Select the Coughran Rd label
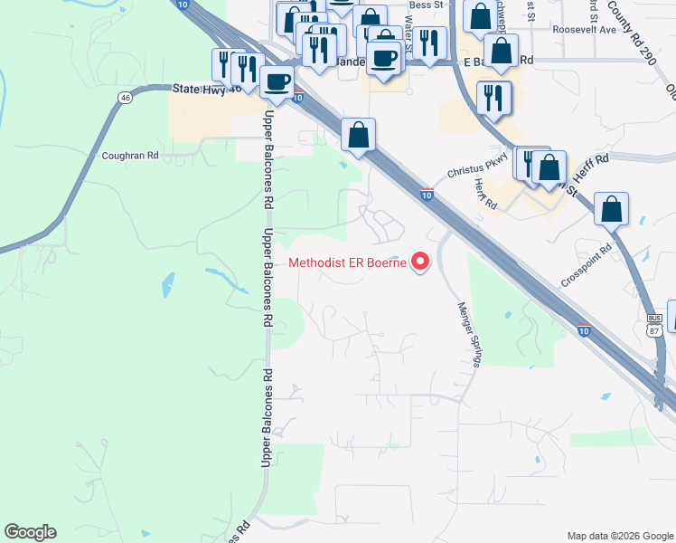pos(130,156)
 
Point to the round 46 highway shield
pos(125,96)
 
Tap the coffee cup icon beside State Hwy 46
pos(277,81)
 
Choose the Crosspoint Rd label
pos(586,264)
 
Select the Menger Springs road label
pos(466,334)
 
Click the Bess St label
pos(426,5)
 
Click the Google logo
pos(30,532)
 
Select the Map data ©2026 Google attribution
pos(619,535)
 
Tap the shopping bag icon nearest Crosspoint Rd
pos(612,208)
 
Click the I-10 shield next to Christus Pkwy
pos(427,194)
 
